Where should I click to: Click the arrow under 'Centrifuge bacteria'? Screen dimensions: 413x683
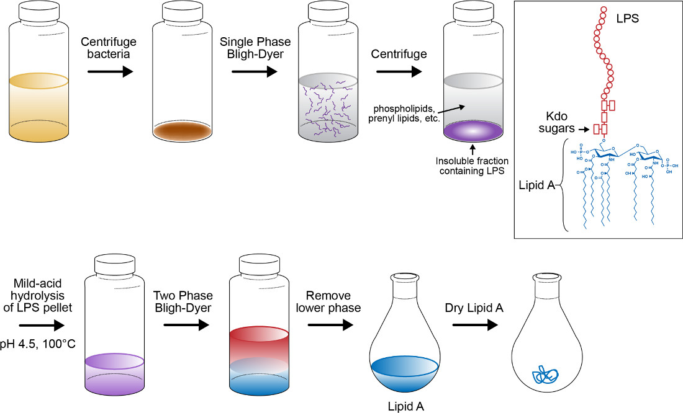[111, 72]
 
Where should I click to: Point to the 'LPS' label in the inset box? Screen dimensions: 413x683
[627, 19]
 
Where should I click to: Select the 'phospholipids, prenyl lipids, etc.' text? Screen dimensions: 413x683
[406, 115]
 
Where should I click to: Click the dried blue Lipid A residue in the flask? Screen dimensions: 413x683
[545, 374]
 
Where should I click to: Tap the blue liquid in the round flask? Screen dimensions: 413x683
[406, 372]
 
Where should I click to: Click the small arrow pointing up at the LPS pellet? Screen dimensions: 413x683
[473, 149]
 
